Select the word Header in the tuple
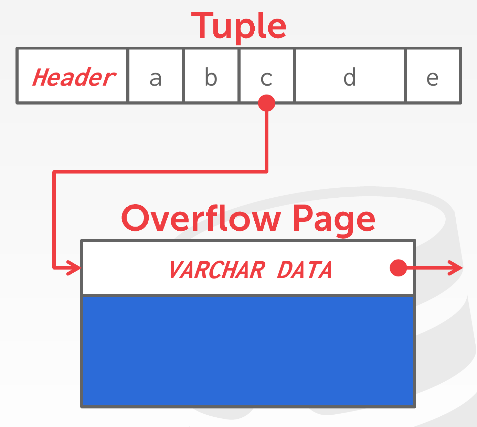(74, 77)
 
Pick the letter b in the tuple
(211, 77)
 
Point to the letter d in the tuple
(350, 77)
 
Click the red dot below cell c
(266, 103)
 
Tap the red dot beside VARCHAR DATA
(399, 268)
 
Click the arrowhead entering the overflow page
(74, 268)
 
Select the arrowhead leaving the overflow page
(455, 268)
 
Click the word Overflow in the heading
(201, 218)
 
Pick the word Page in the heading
(334, 221)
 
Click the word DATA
(305, 270)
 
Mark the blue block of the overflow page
(248, 351)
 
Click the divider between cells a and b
(183, 76)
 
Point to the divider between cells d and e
(405, 76)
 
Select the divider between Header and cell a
(128, 76)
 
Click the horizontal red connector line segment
(160, 172)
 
